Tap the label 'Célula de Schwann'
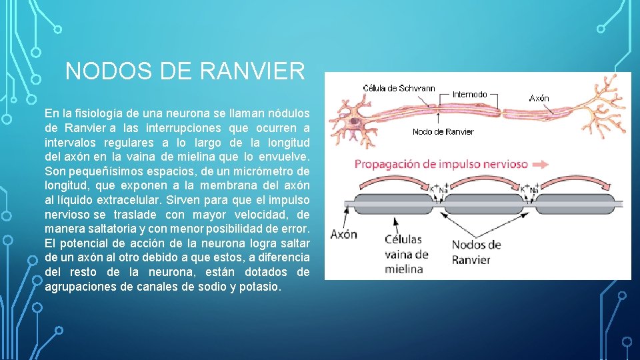399,88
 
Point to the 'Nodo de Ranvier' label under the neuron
443,131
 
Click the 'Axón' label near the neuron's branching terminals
539,98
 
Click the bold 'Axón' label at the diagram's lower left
344,234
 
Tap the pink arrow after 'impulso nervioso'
541,164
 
